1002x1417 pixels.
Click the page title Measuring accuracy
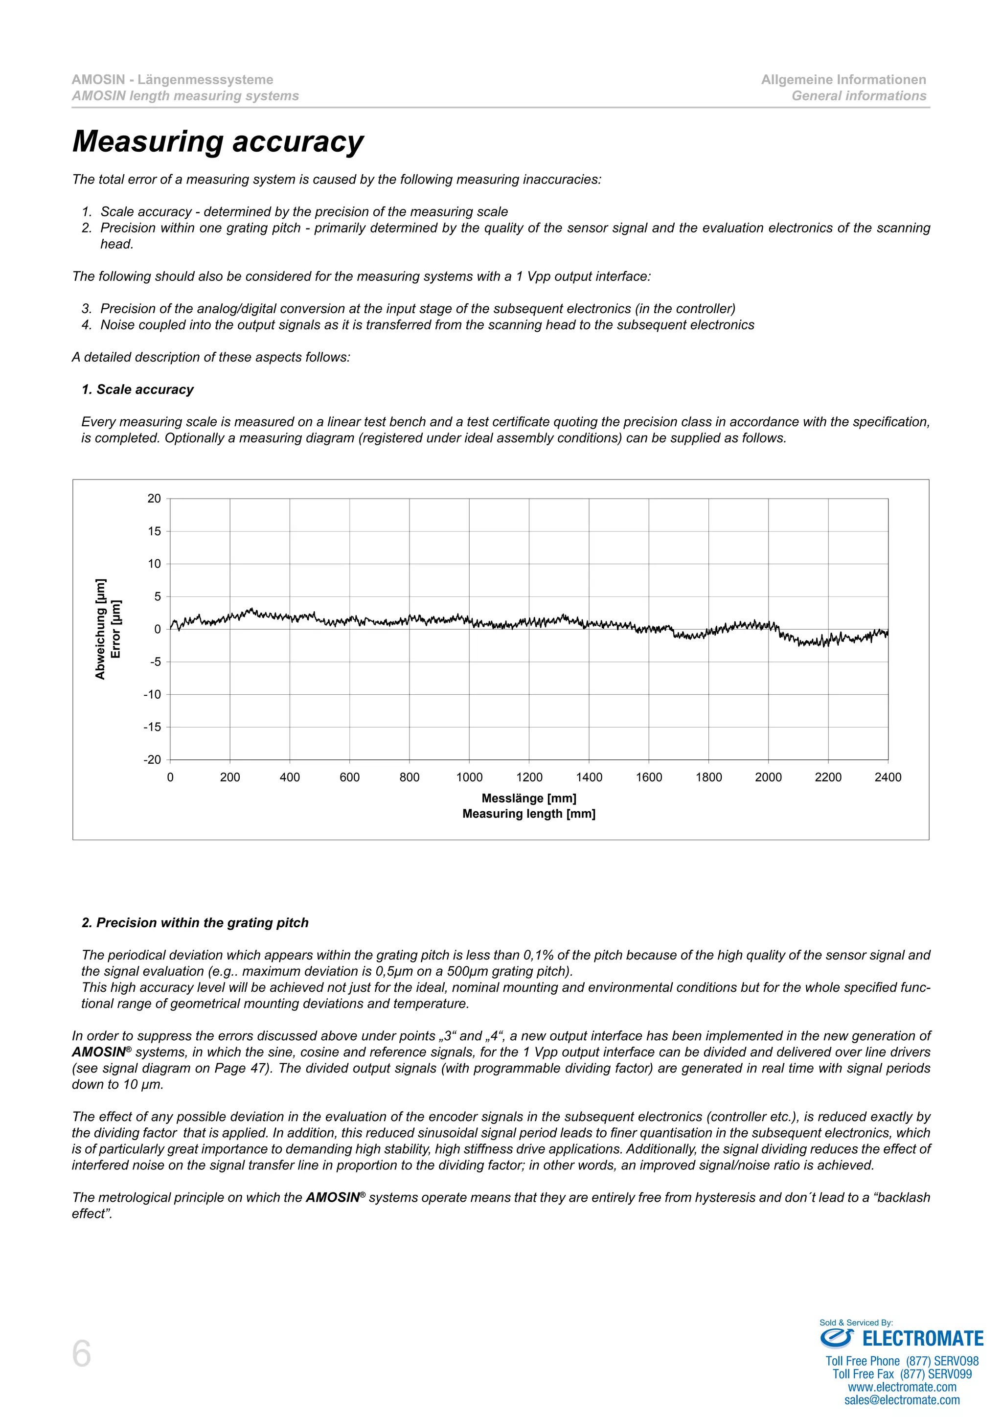[218, 141]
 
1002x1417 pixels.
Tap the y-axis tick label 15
[154, 531]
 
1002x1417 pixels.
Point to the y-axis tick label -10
[152, 694]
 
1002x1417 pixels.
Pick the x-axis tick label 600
[349, 777]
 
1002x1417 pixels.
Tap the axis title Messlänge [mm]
[529, 798]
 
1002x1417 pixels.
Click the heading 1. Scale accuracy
[137, 389]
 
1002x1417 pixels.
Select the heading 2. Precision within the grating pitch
[195, 923]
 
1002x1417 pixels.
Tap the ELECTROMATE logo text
[922, 1339]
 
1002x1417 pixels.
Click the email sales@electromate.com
[902, 1400]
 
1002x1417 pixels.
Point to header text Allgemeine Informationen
[843, 80]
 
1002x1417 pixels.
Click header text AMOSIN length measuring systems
[185, 96]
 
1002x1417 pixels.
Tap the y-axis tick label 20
[154, 498]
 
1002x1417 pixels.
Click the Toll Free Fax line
[902, 1374]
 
